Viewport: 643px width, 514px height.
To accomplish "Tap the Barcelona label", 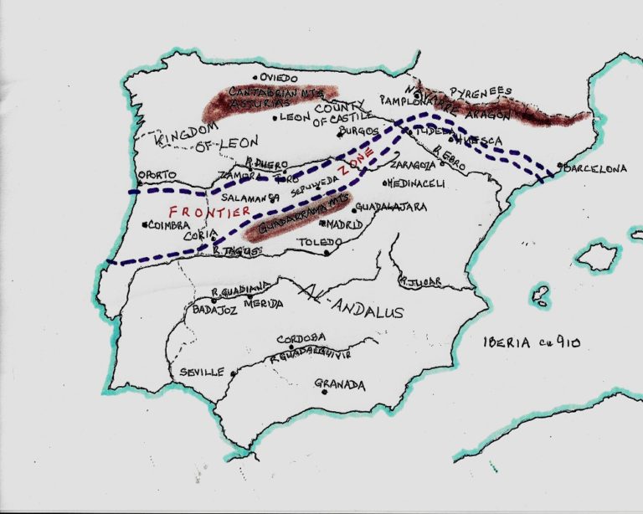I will pos(596,168).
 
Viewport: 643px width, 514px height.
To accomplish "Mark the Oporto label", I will pos(157,174).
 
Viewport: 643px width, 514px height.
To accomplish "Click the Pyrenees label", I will pos(481,90).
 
